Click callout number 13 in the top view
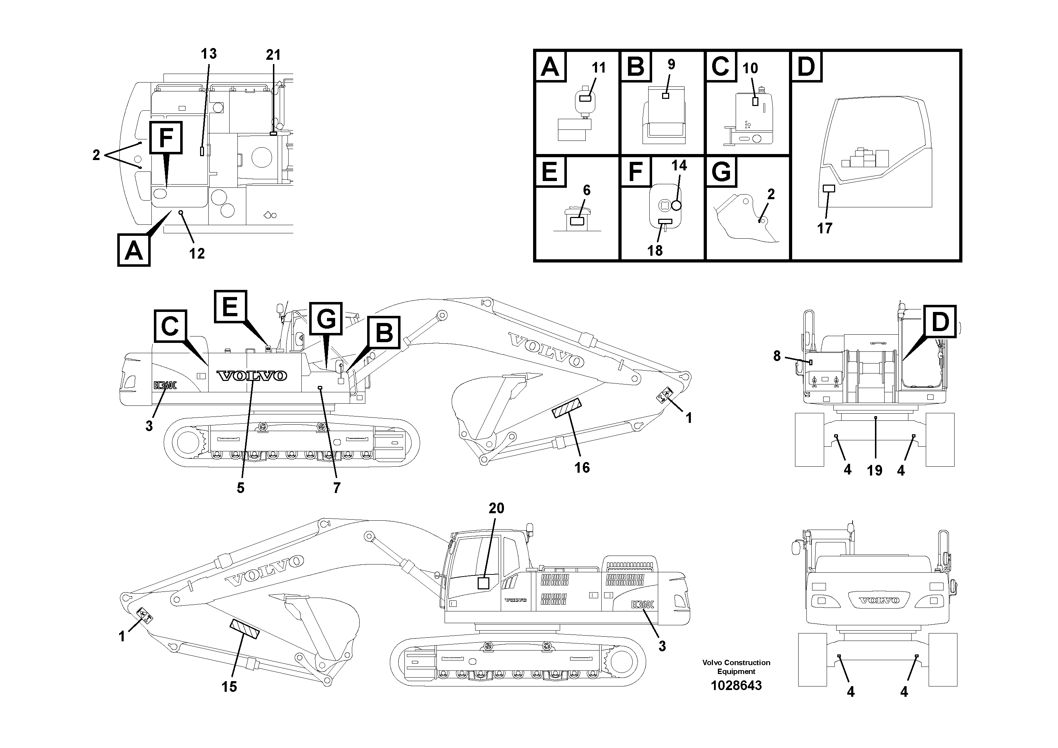(208, 54)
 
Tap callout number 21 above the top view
(273, 55)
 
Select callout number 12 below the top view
(197, 253)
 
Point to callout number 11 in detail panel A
(598, 68)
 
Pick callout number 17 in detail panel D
(825, 228)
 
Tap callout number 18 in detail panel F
(655, 250)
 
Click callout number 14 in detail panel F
(679, 165)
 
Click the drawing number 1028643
(736, 685)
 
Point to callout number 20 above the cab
(496, 508)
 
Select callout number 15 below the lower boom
(229, 687)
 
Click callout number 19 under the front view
(874, 470)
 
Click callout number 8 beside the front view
(777, 356)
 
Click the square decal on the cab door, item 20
(483, 583)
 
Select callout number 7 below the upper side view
(337, 487)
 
